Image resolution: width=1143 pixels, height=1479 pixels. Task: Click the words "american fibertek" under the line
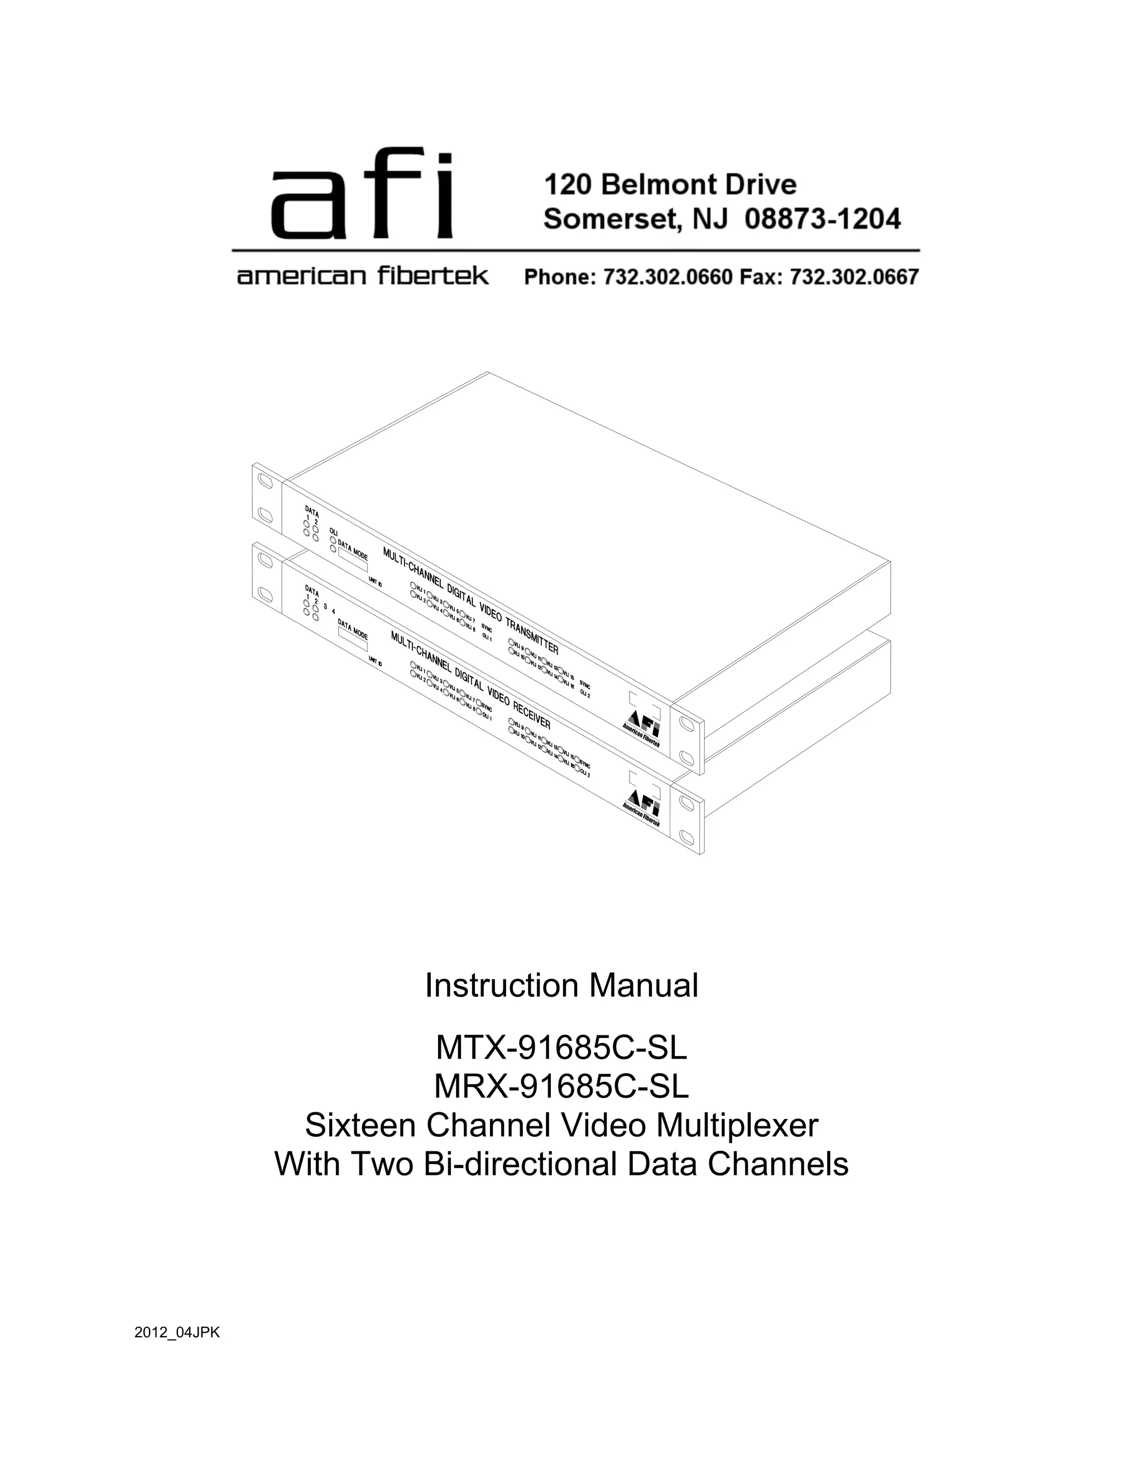pos(362,276)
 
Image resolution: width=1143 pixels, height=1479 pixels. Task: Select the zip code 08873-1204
pos(822,219)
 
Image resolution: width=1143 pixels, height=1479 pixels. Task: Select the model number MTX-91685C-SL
pos(561,1048)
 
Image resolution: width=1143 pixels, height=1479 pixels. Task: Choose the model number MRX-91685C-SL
pos(561,1086)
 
